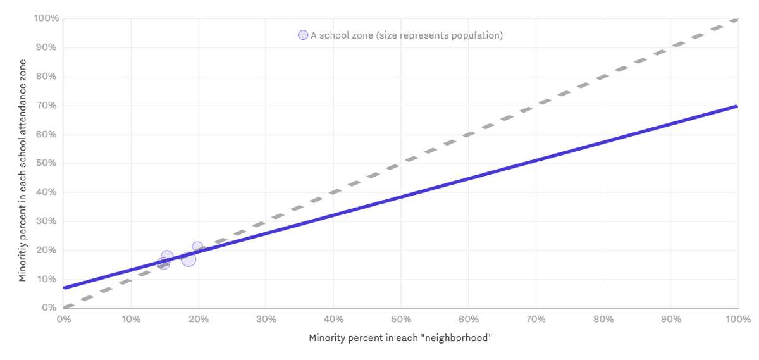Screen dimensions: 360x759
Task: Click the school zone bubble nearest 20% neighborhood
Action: [x=197, y=247]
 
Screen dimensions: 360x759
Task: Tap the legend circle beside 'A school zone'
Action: [x=303, y=35]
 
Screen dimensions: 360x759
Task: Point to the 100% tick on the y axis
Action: [x=46, y=18]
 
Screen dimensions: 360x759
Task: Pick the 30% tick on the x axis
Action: [x=266, y=319]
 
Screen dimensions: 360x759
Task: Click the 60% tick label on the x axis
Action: [x=468, y=319]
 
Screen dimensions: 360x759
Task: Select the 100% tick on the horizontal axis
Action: [x=737, y=319]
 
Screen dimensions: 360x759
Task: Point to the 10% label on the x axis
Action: [x=131, y=319]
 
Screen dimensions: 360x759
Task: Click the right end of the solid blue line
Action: [x=737, y=106]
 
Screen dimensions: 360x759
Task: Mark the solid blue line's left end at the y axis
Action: [x=64, y=288]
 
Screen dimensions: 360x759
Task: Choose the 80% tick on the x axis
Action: [x=603, y=319]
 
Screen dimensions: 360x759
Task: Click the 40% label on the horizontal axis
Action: [x=333, y=319]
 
